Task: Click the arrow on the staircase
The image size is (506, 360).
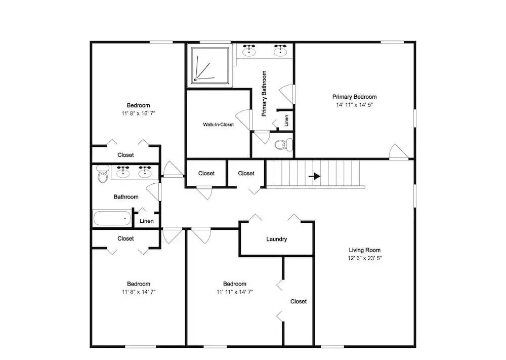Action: pos(314,176)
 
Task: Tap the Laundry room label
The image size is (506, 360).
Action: pos(277,239)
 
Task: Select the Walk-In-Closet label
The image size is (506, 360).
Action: pos(218,125)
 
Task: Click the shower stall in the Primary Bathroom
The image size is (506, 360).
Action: pos(210,65)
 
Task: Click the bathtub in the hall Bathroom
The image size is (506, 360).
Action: pos(112,218)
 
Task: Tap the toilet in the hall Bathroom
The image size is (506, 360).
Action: pos(103,174)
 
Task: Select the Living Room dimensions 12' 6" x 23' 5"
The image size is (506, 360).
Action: pos(365,258)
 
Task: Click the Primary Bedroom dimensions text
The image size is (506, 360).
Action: pos(355,105)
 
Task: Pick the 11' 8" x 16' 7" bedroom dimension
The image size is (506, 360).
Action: pos(139,113)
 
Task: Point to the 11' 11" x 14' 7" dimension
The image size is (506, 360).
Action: pos(235,292)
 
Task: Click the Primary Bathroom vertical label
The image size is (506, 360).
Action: pos(264,94)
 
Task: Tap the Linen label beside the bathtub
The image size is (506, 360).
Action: pos(147,221)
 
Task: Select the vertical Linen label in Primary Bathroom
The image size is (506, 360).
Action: pos(286,121)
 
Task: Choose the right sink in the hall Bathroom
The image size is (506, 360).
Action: pos(145,172)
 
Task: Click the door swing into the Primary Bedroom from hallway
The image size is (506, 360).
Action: pos(399,151)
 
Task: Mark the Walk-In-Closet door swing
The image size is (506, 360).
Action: pos(244,120)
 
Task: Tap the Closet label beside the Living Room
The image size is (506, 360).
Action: pos(299,301)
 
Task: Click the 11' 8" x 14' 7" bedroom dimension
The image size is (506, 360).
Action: pos(139,292)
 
